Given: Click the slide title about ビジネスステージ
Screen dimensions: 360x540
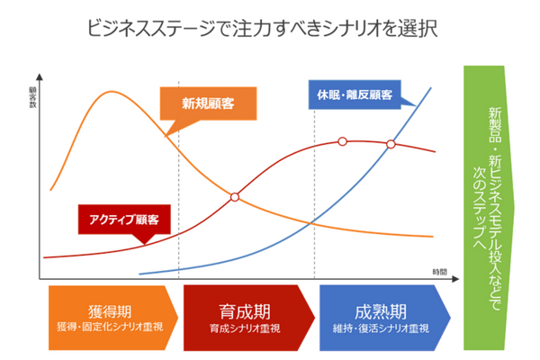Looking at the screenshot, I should pyautogui.click(x=262, y=27).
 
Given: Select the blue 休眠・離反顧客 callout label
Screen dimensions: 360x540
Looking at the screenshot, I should pyautogui.click(x=353, y=94).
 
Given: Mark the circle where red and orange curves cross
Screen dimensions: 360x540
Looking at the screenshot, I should pyautogui.click(x=234, y=196).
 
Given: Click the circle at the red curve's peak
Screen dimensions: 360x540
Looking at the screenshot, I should pyautogui.click(x=342, y=141).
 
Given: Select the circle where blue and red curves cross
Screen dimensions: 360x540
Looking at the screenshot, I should pyautogui.click(x=391, y=144).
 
